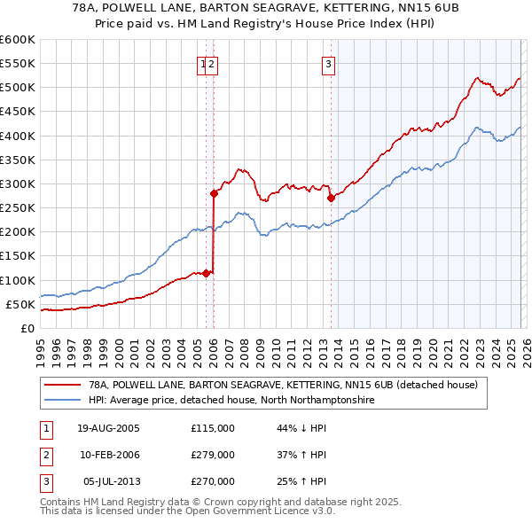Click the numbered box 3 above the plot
[x=328, y=63]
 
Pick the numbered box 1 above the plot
[x=203, y=63]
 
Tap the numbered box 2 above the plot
[x=213, y=63]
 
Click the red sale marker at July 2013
[x=330, y=199]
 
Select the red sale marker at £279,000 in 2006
[x=214, y=193]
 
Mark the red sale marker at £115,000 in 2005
[x=207, y=273]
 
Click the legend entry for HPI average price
[x=231, y=401]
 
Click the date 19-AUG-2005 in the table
[x=108, y=428]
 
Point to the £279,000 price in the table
[x=213, y=455]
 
